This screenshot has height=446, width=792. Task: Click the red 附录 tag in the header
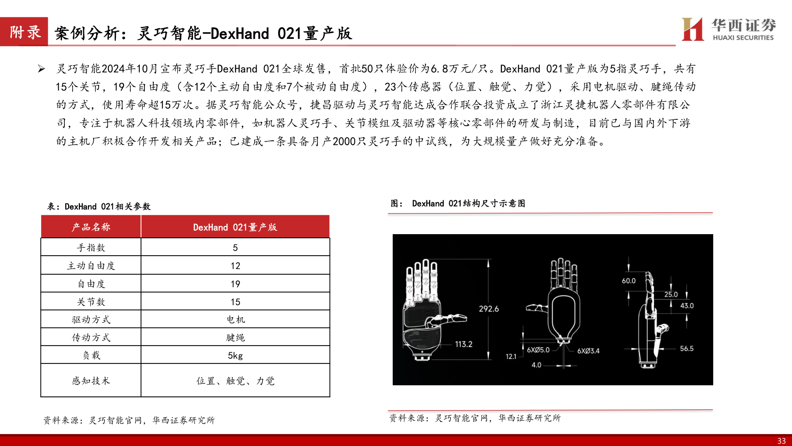point(25,32)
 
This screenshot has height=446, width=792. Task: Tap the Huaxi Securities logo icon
point(693,29)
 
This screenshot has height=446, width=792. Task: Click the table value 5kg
point(235,356)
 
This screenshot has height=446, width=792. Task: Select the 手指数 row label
point(91,248)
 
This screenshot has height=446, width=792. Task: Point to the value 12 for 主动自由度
point(235,266)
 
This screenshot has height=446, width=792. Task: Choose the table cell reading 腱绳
point(235,338)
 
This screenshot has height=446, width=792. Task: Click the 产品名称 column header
point(91,227)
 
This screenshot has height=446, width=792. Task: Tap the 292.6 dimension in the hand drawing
point(488,309)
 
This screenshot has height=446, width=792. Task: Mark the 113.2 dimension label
point(464,344)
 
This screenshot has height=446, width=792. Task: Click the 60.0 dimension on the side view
point(629,281)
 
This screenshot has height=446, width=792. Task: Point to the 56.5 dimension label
point(686,349)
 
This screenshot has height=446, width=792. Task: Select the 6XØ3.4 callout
point(588,351)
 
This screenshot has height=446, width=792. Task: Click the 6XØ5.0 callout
point(538,350)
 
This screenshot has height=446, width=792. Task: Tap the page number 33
point(781,441)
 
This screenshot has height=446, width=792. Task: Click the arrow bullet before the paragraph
point(41,69)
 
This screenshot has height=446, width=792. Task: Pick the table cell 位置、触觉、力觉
point(235,381)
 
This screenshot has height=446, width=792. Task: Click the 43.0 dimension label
point(687,306)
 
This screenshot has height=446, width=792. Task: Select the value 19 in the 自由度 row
point(235,284)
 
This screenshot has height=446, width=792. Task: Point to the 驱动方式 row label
point(91,320)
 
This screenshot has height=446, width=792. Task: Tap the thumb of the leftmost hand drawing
point(450,318)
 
